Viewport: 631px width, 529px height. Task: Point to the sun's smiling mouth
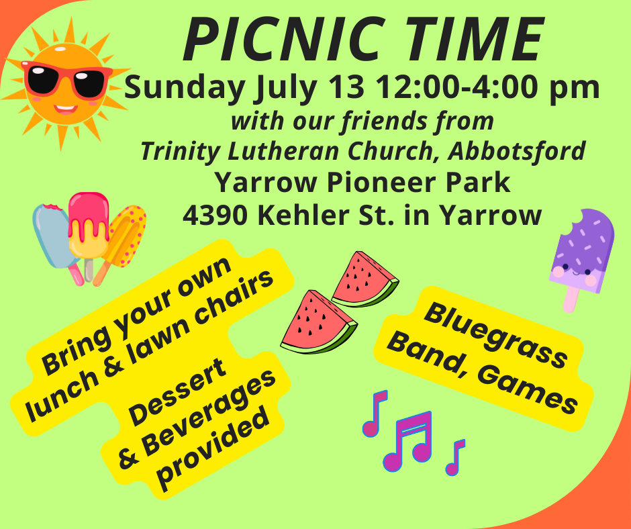[66, 109]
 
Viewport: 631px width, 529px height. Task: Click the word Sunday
[185, 89]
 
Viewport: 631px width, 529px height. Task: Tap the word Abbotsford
[517, 151]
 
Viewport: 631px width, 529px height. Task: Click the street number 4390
[215, 215]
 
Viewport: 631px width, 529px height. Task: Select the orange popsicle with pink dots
[123, 242]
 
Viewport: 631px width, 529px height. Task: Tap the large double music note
[408, 441]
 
